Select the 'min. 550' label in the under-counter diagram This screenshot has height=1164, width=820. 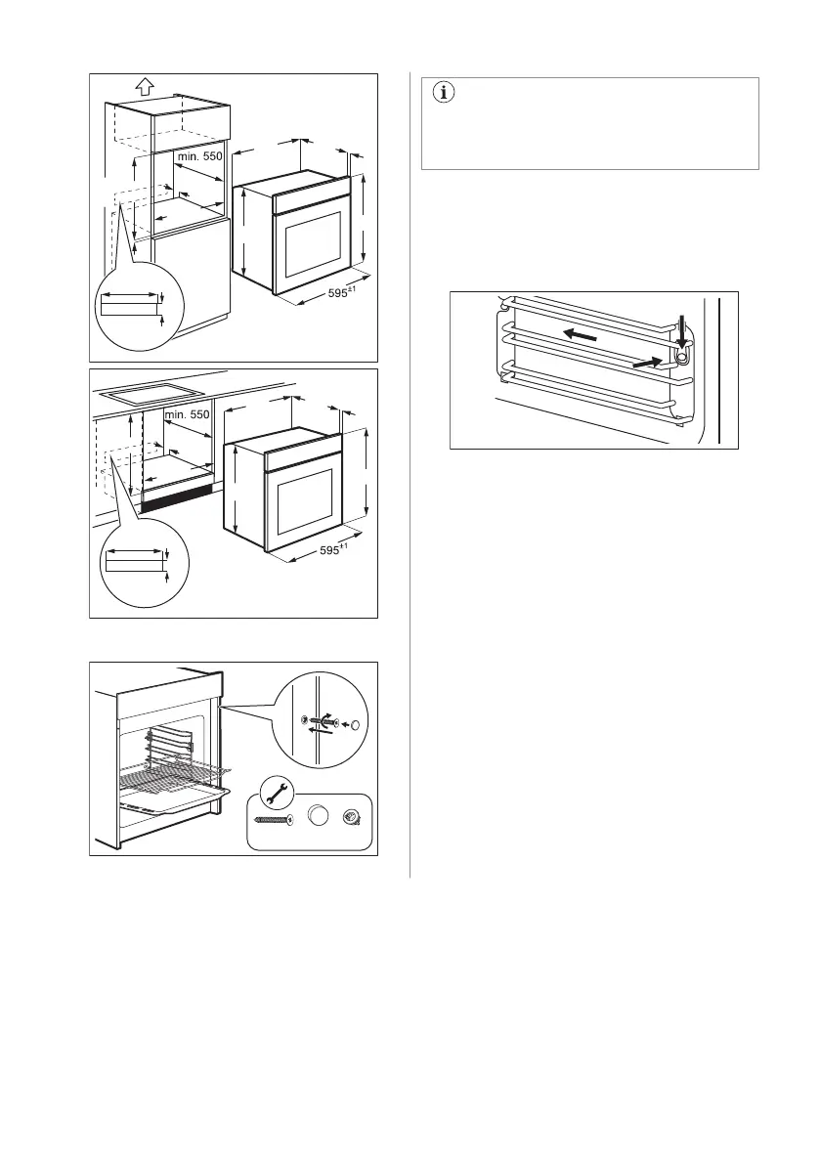click(187, 414)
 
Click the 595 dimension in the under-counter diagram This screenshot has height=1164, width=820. click(334, 551)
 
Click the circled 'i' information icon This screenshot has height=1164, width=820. click(445, 94)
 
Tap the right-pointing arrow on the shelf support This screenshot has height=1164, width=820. click(645, 361)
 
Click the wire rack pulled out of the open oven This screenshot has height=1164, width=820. click(166, 771)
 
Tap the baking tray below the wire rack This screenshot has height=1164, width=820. click(176, 799)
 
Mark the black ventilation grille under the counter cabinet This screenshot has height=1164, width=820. click(180, 499)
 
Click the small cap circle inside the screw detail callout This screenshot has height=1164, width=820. click(354, 724)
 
